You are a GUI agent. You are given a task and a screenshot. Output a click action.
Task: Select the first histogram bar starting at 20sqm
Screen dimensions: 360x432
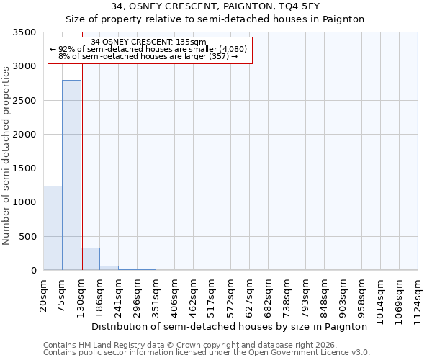pyautogui.click(x=53, y=228)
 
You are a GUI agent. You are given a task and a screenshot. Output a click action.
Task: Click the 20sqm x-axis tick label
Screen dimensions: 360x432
pyautogui.click(x=44, y=294)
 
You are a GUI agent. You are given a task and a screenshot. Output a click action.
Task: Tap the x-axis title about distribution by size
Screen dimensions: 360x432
pyautogui.click(x=230, y=326)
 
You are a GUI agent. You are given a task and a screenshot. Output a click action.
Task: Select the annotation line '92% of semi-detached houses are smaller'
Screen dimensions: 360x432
pyautogui.click(x=149, y=49)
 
